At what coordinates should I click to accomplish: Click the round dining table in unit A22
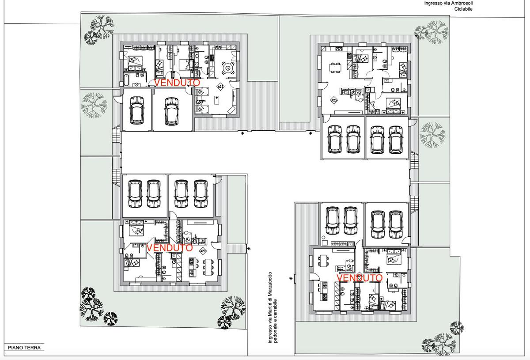pos(227,68)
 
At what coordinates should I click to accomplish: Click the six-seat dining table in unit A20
pos(208,266)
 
